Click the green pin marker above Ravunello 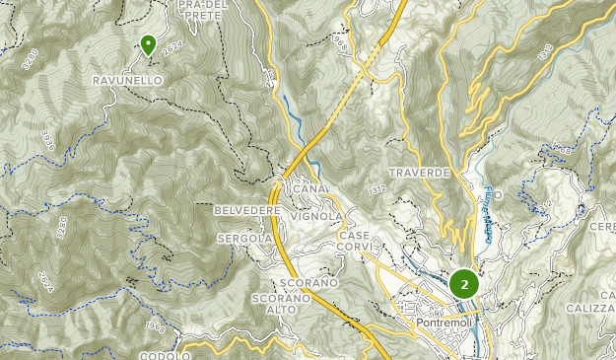point(148,44)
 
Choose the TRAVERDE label point(419,172)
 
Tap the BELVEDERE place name point(246,211)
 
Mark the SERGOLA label point(243,238)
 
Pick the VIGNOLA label point(316,215)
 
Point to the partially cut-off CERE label point(602,226)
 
